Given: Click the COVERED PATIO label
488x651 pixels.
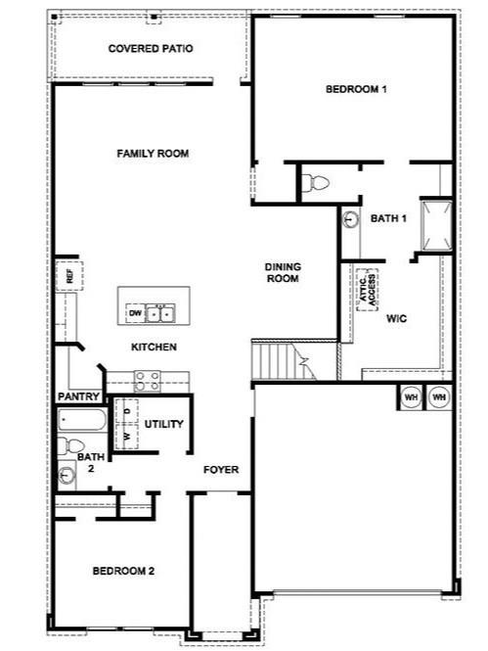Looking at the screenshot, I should pyautogui.click(x=150, y=48).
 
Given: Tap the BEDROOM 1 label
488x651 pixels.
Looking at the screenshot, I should pyautogui.click(x=356, y=89).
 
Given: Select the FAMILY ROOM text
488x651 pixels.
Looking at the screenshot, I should pyautogui.click(x=153, y=154).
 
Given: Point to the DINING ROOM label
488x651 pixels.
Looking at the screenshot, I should pyautogui.click(x=283, y=272).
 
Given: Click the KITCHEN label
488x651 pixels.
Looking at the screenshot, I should pyautogui.click(x=155, y=347).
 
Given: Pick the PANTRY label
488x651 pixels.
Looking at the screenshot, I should pyautogui.click(x=79, y=395).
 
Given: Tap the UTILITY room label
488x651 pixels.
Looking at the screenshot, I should pyautogui.click(x=163, y=424).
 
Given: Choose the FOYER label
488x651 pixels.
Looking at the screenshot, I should pyautogui.click(x=221, y=470).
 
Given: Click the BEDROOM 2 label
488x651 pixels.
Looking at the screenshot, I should pyautogui.click(x=123, y=570).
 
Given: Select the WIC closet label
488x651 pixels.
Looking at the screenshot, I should pyautogui.click(x=396, y=318).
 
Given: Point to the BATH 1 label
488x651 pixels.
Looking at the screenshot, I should pyautogui.click(x=388, y=218).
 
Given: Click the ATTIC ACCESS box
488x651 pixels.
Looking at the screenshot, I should pyautogui.click(x=367, y=288).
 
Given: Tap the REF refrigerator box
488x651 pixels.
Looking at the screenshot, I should pyautogui.click(x=68, y=276).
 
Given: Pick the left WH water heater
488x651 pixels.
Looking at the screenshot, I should pyautogui.click(x=411, y=397).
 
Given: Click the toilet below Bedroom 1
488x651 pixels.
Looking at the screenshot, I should pyautogui.click(x=315, y=182).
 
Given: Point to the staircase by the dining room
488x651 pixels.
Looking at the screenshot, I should pyautogui.click(x=281, y=360).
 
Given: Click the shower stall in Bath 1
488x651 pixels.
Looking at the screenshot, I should pyautogui.click(x=435, y=225).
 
